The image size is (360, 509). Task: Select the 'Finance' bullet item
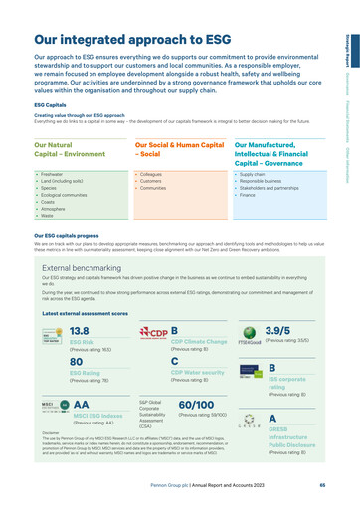[248, 195]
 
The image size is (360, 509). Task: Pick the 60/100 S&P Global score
[203, 405]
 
